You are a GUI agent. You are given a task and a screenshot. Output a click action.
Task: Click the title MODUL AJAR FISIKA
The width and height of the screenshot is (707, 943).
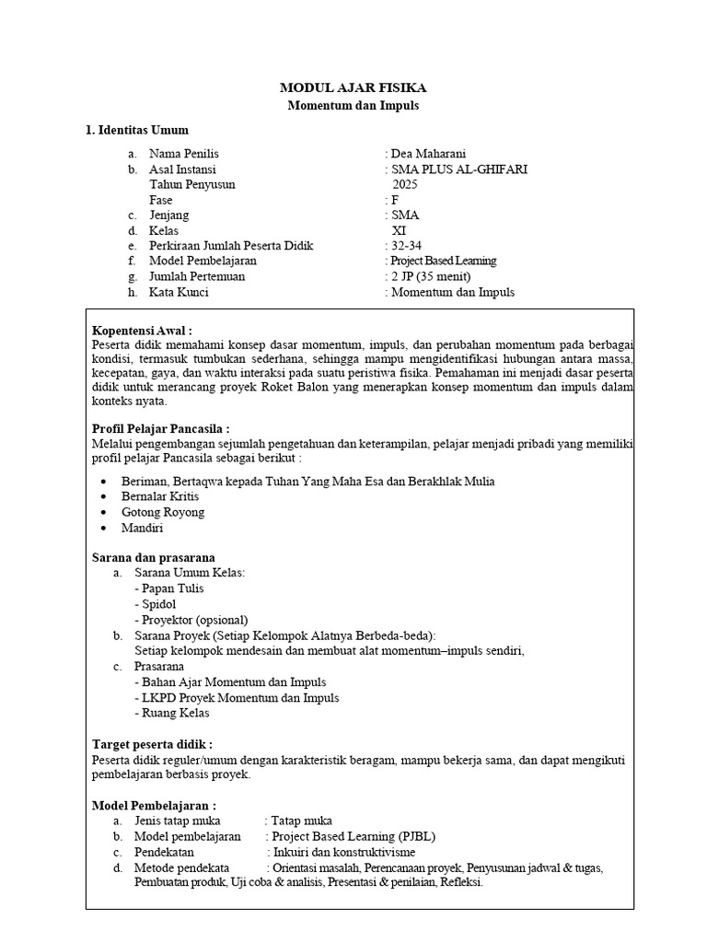coord(353,88)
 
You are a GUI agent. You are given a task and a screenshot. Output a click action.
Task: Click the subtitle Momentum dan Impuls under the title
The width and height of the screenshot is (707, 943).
coord(353,106)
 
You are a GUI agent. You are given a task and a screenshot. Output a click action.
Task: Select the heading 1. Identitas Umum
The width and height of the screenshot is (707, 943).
coord(137,130)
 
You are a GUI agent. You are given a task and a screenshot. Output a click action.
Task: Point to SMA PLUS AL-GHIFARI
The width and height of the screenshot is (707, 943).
coord(460,169)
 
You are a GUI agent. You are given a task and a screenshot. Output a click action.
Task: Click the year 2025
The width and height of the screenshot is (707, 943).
coord(405,184)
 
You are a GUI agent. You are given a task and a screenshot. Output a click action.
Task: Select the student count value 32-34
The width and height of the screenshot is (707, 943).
coord(406,246)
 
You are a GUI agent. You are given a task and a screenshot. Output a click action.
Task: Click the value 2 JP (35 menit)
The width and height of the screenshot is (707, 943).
coord(431,276)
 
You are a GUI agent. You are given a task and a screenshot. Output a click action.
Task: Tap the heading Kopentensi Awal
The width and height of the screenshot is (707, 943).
coord(143,331)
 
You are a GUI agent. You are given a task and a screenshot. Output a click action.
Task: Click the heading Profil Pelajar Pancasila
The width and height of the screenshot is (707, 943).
coord(161,429)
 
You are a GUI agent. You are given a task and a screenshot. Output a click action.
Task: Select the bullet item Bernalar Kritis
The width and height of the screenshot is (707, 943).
coord(160,496)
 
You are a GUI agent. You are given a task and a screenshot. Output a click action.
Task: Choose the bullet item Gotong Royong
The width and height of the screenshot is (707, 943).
coord(163,512)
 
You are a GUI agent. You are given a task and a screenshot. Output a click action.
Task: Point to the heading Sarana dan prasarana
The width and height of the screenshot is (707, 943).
coord(154,557)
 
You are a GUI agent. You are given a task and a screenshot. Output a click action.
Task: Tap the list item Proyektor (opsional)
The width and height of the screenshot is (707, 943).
coord(191,620)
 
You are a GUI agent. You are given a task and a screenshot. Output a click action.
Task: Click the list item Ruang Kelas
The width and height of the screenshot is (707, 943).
coord(171,713)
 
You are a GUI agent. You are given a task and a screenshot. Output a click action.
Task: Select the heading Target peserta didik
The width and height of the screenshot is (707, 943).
coord(153,743)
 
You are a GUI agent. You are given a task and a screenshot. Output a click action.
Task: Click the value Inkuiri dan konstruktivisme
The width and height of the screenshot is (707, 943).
coord(343,852)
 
